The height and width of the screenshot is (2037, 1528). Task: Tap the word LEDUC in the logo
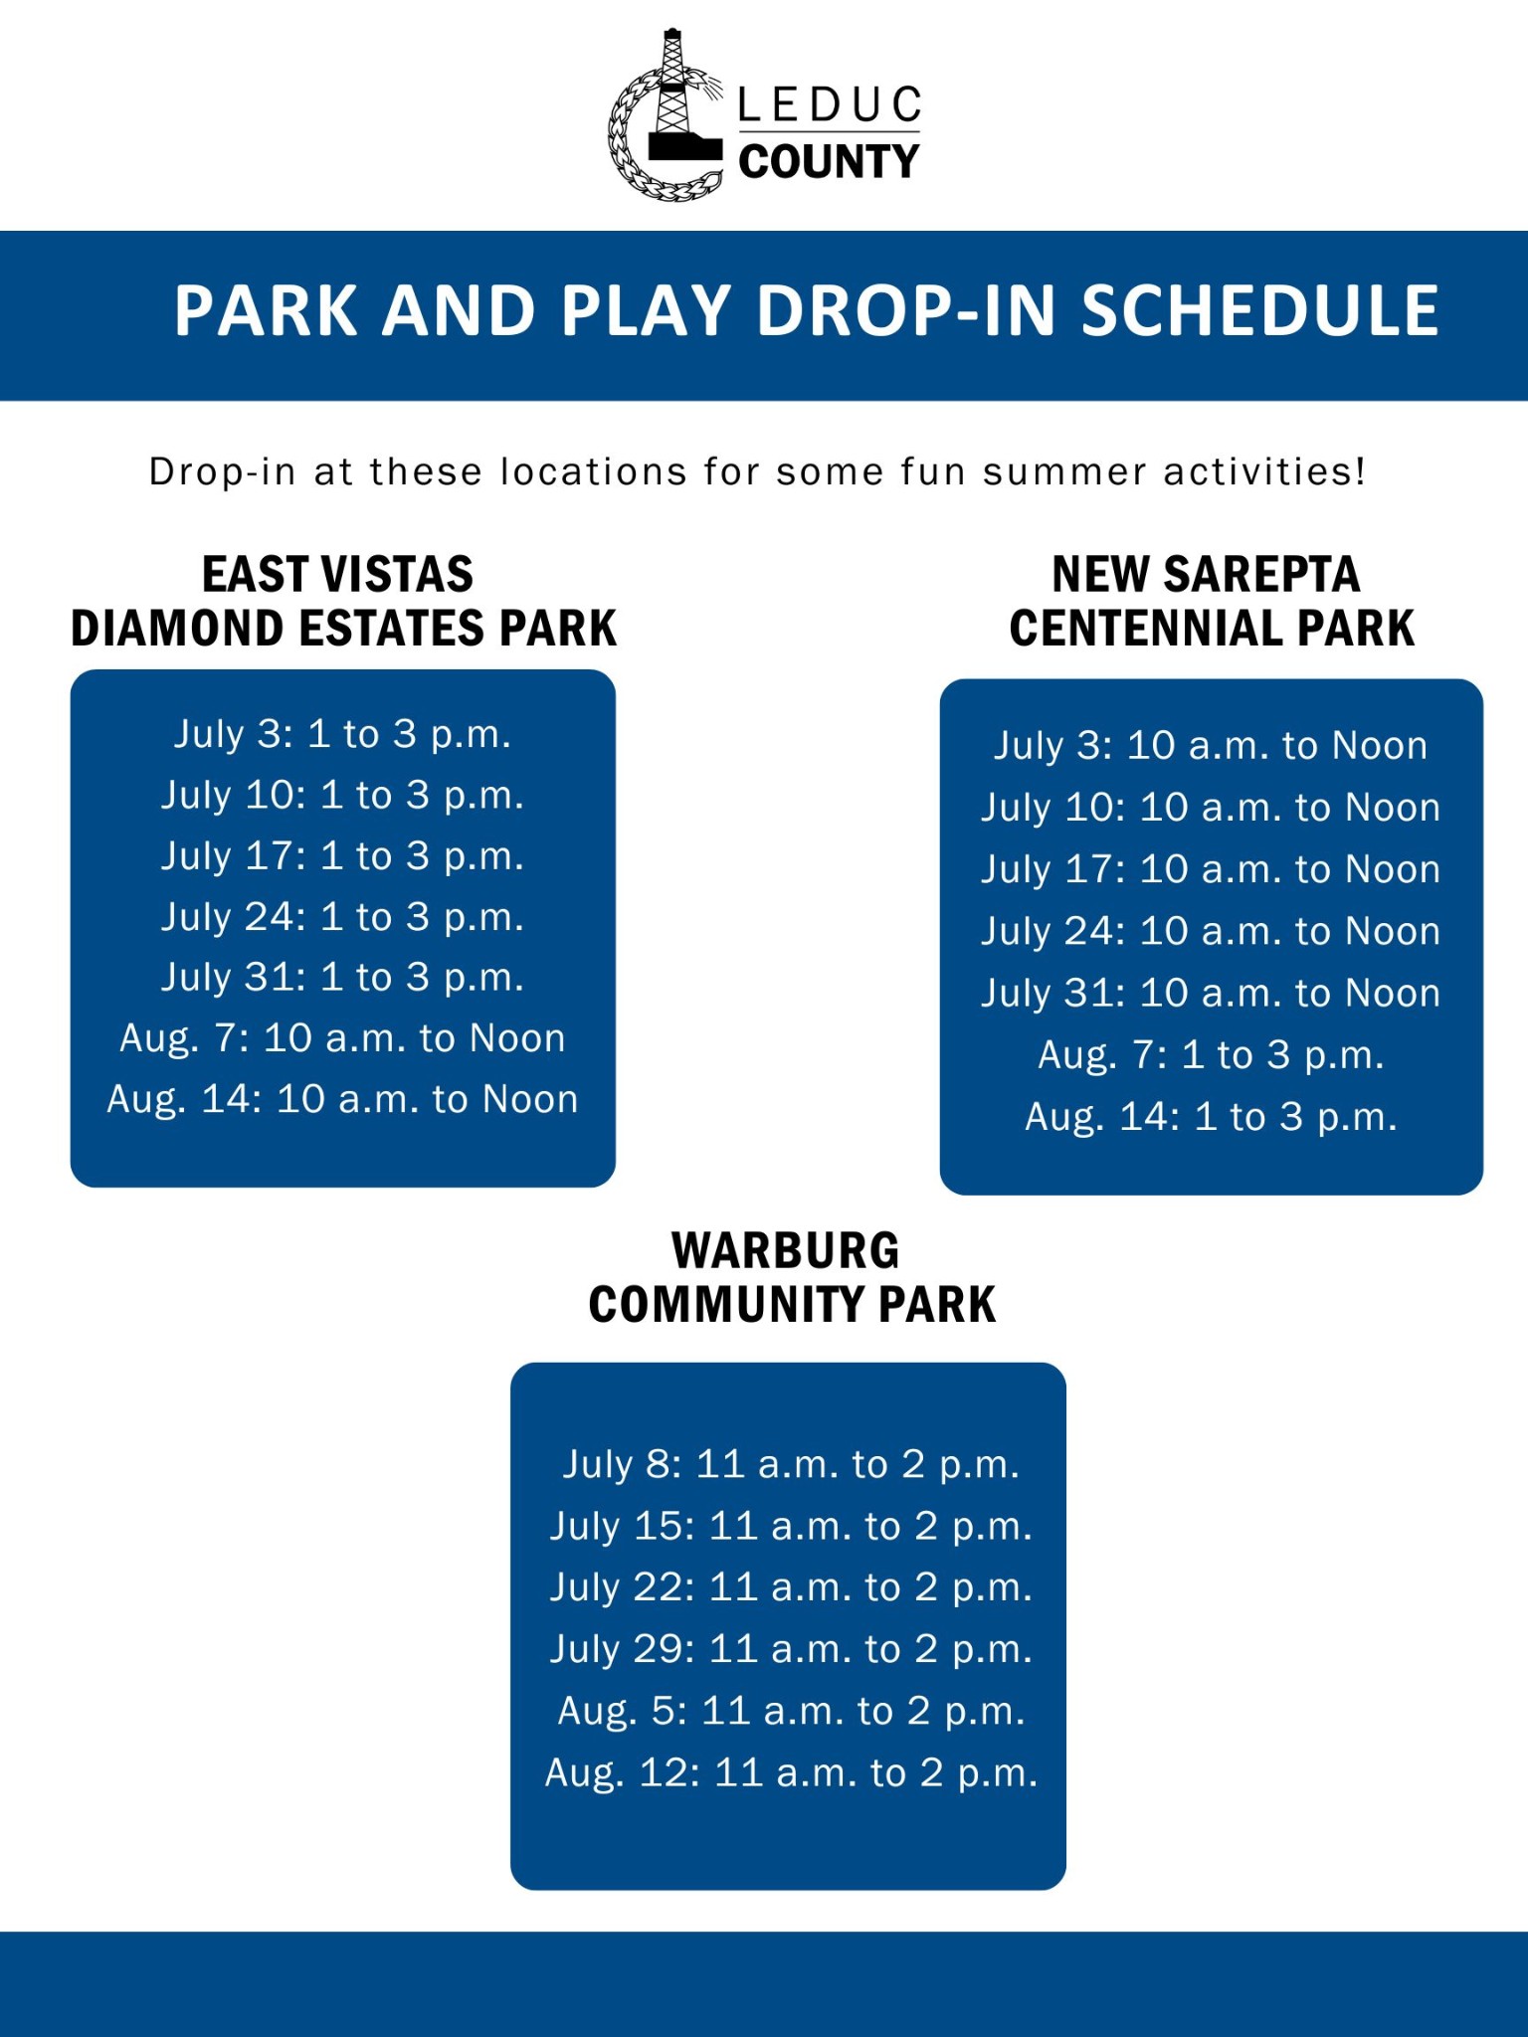(829, 105)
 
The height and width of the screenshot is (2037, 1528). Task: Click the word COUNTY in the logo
(829, 161)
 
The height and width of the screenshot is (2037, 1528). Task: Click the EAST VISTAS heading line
(338, 575)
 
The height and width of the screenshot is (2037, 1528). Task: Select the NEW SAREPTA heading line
(1206, 575)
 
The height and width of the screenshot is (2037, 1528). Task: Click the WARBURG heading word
(786, 1251)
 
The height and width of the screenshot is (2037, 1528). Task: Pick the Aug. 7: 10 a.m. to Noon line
(342, 1038)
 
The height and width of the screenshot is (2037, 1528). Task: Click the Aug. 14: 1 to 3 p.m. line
(1211, 1117)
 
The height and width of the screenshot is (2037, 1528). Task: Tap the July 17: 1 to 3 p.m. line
(342, 856)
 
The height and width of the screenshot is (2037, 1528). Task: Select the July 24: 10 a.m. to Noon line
(1211, 931)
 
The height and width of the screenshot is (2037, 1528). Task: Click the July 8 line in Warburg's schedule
(791, 1464)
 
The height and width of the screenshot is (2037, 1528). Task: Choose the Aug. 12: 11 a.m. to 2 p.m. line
(791, 1773)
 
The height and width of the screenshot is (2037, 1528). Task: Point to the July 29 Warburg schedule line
(791, 1649)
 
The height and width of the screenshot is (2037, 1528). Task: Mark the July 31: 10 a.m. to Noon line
(1211, 993)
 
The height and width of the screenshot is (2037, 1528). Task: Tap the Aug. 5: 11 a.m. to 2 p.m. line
(791, 1711)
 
